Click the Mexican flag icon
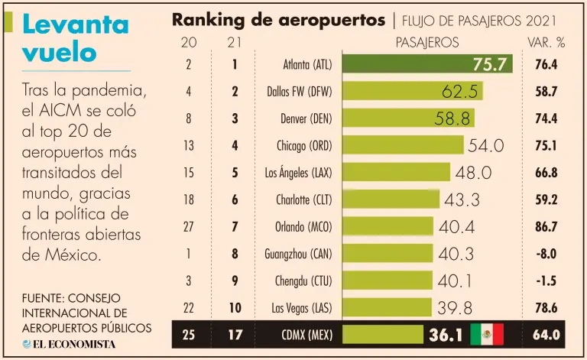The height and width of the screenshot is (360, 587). click(x=487, y=334)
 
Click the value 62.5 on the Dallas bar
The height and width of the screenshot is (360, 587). click(x=459, y=92)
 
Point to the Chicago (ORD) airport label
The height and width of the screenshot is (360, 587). click(x=304, y=145)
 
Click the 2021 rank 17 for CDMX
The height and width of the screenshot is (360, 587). click(x=235, y=334)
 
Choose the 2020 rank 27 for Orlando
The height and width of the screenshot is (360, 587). click(x=188, y=226)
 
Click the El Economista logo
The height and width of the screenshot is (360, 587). click(x=70, y=344)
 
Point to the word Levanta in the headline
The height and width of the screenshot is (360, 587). click(x=75, y=24)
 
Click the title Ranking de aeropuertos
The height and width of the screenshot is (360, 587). click(x=278, y=20)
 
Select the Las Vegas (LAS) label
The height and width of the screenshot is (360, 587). click(x=302, y=307)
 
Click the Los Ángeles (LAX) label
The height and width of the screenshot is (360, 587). click(x=299, y=173)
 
